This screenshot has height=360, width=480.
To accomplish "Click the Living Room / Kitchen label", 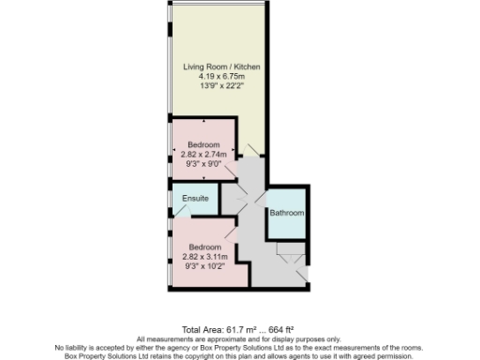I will point(220,68).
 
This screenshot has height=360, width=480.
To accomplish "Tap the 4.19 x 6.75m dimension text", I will point(220,78).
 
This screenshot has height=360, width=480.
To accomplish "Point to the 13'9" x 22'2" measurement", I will point(220,87).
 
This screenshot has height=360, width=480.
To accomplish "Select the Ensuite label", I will point(195,200).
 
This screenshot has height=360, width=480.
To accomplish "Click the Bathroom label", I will point(287,214).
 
